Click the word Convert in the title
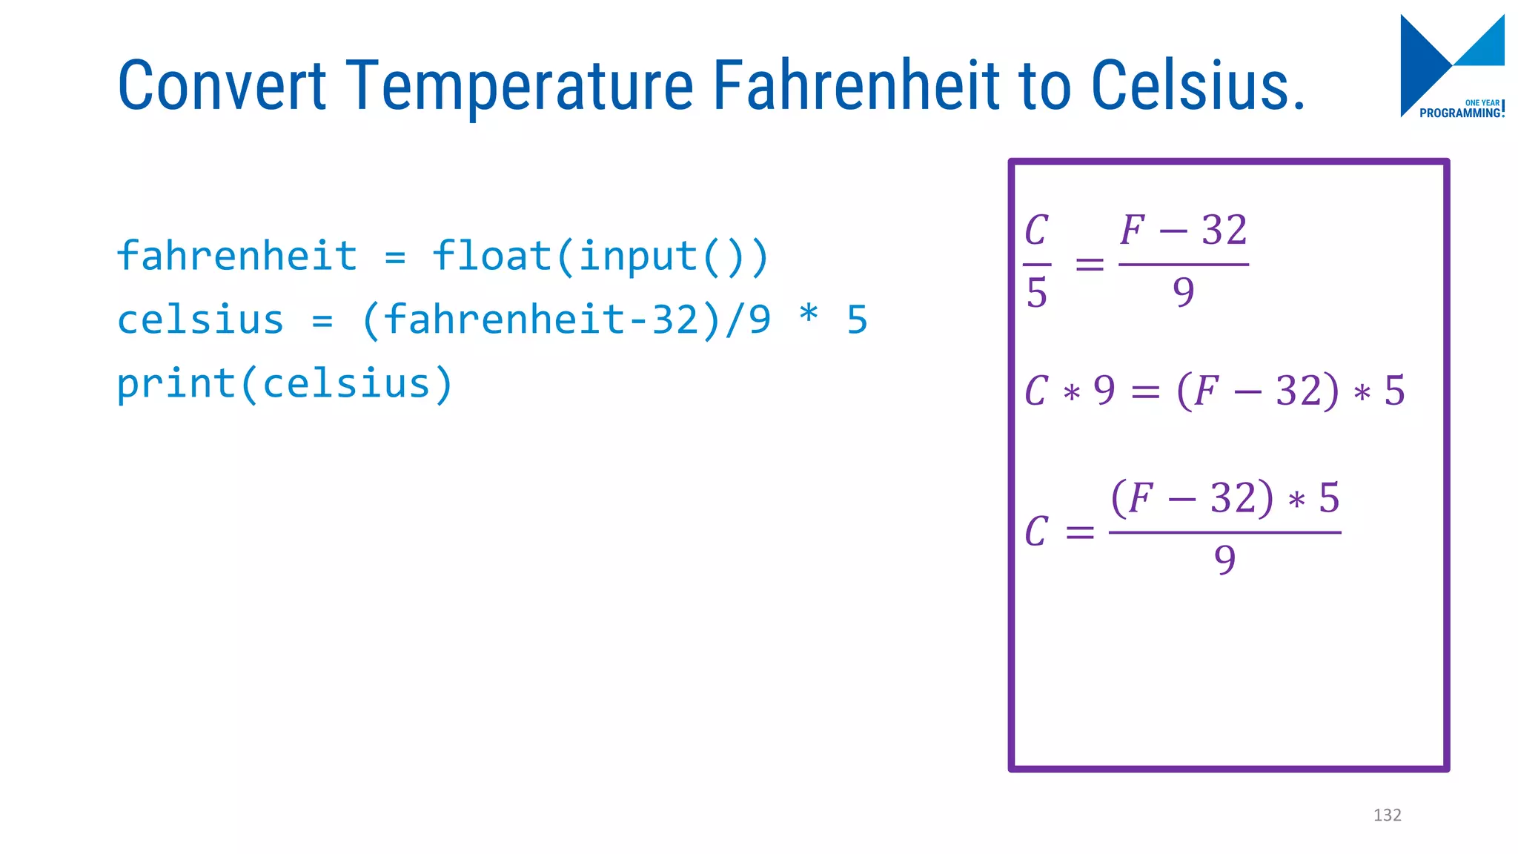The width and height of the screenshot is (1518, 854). click(222, 86)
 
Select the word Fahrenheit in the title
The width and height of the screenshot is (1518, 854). click(856, 86)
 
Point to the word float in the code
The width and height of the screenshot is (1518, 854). click(491, 256)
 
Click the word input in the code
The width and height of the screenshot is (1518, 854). click(638, 256)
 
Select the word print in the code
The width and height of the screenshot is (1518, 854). click(176, 384)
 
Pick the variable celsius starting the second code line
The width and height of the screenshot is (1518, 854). click(200, 320)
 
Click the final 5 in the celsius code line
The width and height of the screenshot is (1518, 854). click(857, 320)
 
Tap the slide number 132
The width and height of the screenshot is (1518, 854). click(1387, 815)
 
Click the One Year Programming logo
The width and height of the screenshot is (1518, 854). click(1451, 67)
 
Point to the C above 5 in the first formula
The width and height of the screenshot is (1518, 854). click(1036, 231)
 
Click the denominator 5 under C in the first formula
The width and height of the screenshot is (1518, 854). click(1036, 293)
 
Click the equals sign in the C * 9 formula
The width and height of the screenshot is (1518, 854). click(1145, 392)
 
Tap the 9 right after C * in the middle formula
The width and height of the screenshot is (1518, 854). click(1104, 391)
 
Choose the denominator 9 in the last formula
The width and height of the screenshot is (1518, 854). click(1224, 560)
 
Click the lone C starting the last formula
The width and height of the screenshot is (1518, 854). click(1036, 532)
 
